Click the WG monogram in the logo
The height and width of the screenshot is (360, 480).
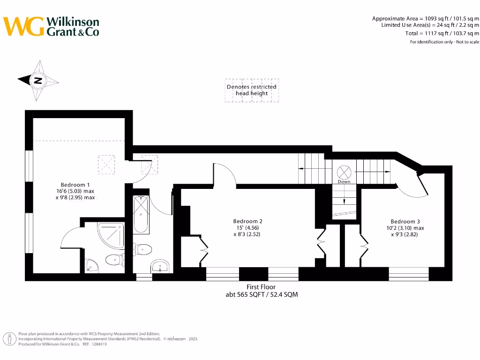click(23, 26)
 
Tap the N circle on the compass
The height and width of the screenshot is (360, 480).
click(38, 80)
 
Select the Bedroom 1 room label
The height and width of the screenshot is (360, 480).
click(75, 185)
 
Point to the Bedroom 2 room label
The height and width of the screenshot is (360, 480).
click(247, 221)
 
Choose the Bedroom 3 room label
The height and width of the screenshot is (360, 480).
click(405, 221)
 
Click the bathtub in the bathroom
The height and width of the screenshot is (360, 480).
click(141, 215)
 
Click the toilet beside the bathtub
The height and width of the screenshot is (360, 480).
click(142, 249)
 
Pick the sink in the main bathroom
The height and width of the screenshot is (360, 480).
click(160, 266)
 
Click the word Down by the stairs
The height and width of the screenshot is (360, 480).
click(344, 181)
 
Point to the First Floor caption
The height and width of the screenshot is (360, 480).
click(261, 287)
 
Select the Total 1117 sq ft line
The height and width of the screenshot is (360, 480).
click(442, 33)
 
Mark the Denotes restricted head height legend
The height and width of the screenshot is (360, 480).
click(252, 90)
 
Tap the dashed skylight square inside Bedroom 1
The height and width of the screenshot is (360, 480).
click(106, 164)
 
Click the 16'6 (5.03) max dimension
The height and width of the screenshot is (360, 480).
click(75, 191)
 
